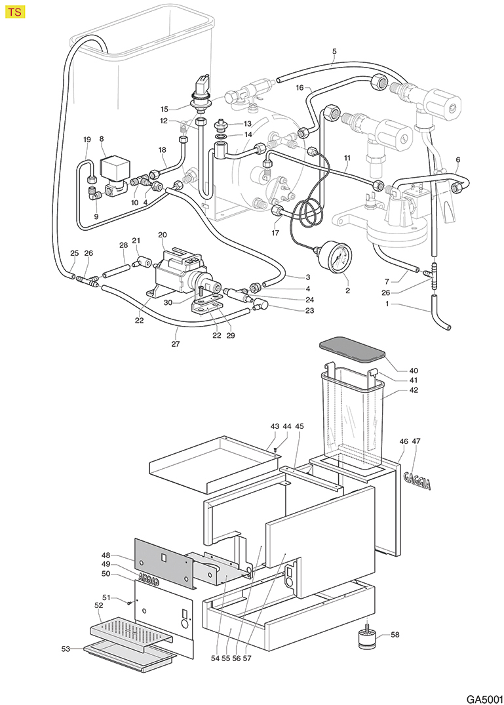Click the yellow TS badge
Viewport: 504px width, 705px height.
15,13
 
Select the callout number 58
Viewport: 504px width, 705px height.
395,635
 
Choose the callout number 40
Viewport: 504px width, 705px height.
395,371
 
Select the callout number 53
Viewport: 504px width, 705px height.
66,649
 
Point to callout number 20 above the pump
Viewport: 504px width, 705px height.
163,234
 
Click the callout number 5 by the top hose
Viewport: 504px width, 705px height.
334,50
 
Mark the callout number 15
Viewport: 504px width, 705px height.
165,108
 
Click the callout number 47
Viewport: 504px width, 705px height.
416,442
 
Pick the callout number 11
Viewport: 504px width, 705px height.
347,159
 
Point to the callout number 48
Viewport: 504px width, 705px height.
106,554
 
